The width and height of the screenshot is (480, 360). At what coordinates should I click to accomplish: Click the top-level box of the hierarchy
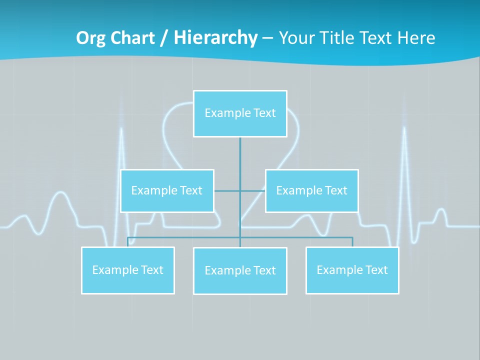click(240, 113)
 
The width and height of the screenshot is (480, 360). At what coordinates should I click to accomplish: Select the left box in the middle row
click(167, 190)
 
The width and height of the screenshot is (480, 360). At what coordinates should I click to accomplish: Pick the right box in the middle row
click(311, 190)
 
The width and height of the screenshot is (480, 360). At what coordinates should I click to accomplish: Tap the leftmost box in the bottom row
click(128, 270)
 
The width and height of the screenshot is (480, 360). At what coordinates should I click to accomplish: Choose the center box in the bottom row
click(240, 270)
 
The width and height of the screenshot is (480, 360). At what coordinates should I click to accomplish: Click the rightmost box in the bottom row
click(352, 270)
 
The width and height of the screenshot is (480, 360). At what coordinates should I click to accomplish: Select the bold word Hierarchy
click(215, 38)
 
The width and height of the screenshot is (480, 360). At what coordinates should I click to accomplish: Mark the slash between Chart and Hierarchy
click(164, 38)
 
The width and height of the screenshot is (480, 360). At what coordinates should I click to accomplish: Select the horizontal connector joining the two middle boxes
click(240, 190)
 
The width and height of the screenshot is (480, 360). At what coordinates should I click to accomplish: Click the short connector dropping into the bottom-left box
click(128, 242)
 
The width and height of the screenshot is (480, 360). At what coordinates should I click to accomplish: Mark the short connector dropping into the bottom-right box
click(352, 242)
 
